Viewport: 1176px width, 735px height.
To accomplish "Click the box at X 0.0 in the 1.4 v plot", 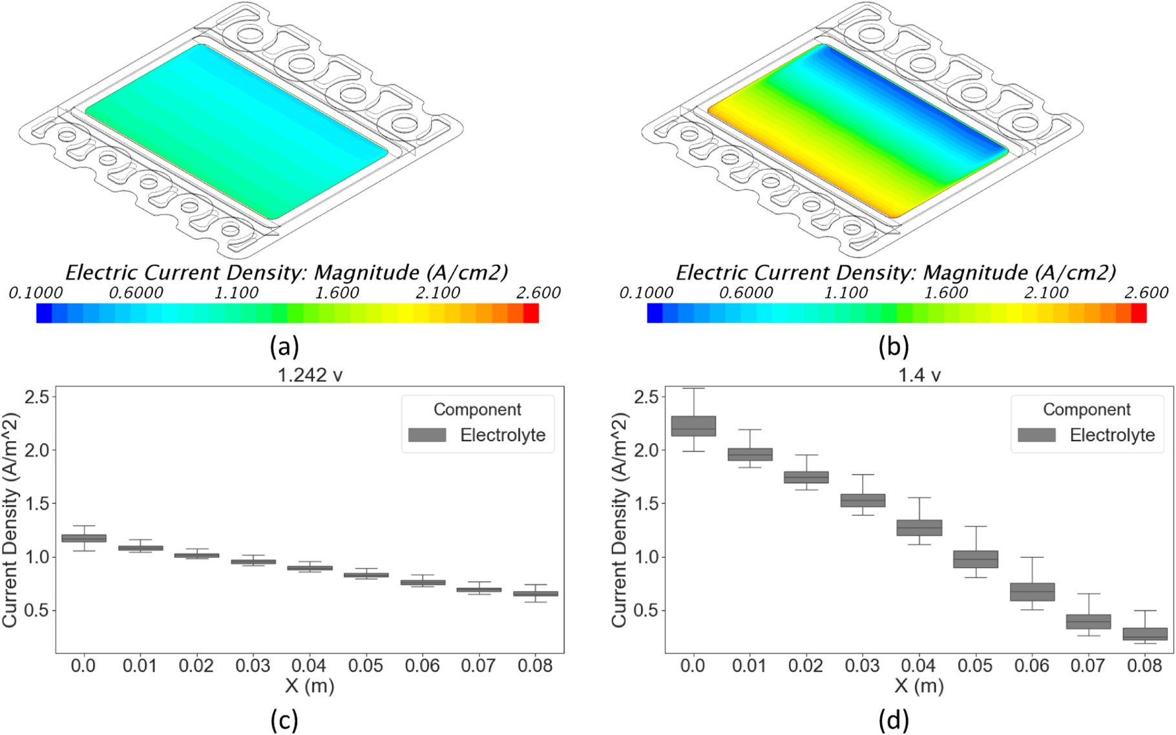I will pos(693,426).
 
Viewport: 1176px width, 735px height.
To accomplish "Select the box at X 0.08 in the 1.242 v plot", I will pos(536,594).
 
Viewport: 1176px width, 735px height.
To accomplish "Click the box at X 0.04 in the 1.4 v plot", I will pos(919,528).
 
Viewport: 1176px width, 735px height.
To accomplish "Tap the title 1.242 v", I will pos(310,375).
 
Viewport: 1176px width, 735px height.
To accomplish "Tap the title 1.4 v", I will pos(919,375).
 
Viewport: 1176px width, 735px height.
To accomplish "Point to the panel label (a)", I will pos(284,347).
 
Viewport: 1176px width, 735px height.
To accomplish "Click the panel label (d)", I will pos(894,719).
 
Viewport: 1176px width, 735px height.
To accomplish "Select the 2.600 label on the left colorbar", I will pos(538,293).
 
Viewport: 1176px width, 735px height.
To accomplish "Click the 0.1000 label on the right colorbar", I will pos(646,293).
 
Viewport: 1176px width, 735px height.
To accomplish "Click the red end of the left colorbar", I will pos(530,313).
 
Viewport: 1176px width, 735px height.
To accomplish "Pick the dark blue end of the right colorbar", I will pos(655,313).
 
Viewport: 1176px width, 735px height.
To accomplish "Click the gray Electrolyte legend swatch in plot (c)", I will pos(427,435).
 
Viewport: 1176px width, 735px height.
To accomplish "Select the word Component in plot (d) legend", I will pos(1086,409).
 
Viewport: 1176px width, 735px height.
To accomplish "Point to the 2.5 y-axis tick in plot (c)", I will pos(37,397).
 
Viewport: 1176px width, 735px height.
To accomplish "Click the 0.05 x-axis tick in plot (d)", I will pos(975,665).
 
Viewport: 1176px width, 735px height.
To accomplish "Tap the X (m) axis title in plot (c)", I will pos(310,686).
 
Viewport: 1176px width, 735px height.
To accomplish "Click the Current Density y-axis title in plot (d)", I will pos(619,520).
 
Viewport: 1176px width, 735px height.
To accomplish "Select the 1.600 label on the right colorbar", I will pos(946,293).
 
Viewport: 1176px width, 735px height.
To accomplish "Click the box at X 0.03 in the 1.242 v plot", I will pos(253,561).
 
